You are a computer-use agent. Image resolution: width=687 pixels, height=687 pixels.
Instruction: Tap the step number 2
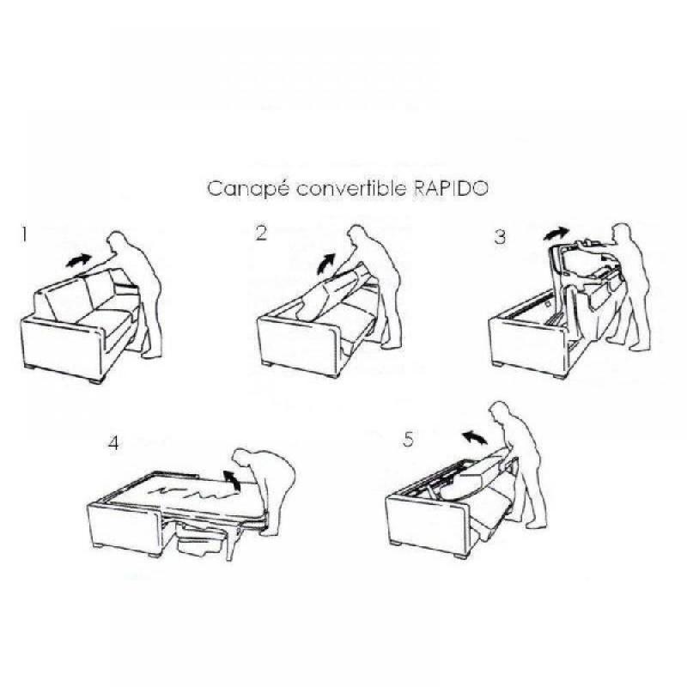[x=261, y=234]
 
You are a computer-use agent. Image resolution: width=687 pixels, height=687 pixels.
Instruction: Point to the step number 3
[x=500, y=238]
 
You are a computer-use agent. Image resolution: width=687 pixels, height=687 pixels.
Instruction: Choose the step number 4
[x=114, y=444]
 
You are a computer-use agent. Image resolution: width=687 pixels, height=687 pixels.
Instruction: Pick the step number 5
[x=408, y=440]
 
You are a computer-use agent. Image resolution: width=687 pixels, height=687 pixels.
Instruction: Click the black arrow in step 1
[x=78, y=258]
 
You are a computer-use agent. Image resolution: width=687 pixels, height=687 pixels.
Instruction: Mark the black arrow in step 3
[x=556, y=233]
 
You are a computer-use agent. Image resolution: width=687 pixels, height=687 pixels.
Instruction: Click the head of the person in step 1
[x=117, y=242]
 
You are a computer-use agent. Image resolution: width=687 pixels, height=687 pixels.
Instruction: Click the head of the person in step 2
[x=358, y=240]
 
